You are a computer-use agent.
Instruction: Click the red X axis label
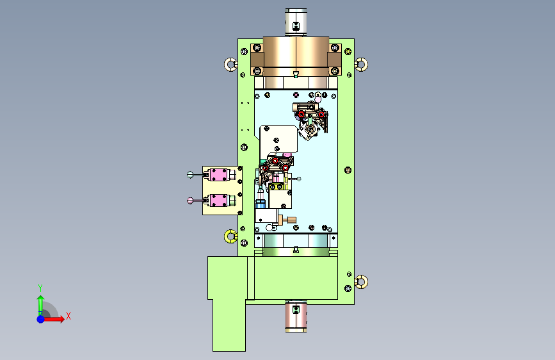[x=68, y=316]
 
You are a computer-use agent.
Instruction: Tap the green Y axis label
[x=40, y=288]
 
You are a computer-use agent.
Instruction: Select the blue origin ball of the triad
[x=41, y=319]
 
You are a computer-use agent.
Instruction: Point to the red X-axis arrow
[x=54, y=319]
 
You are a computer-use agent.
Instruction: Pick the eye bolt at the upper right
[x=361, y=65]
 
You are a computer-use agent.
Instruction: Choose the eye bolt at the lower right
[x=361, y=282]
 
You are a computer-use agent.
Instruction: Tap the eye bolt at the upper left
[x=231, y=65]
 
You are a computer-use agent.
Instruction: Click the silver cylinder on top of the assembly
[x=296, y=22]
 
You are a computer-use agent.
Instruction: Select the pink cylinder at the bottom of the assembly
[x=296, y=316]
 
